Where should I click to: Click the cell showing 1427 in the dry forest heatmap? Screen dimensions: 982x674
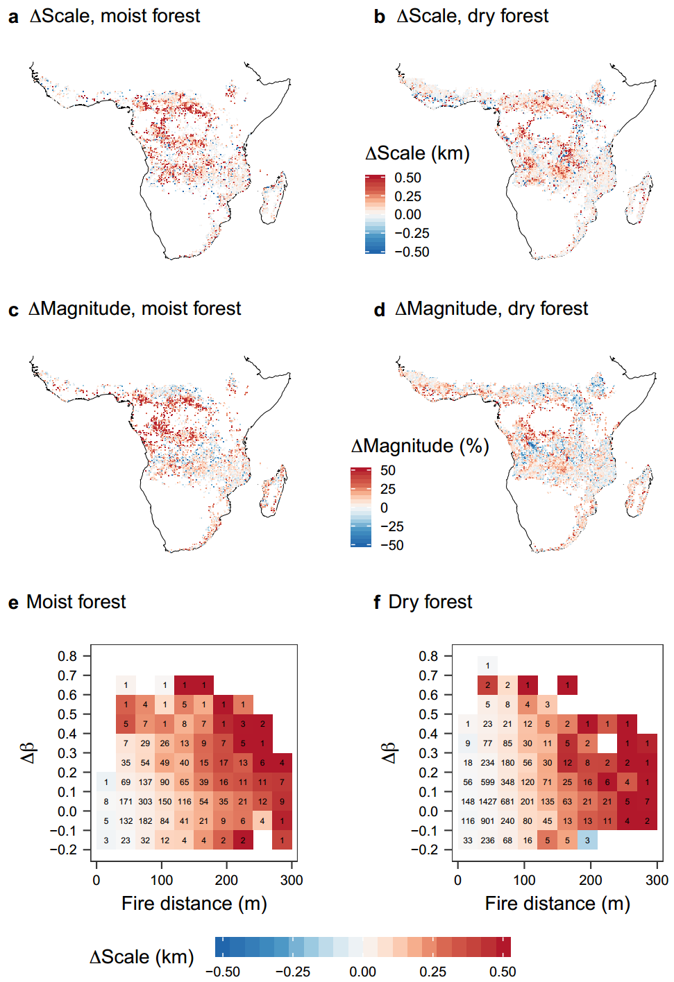(x=488, y=802)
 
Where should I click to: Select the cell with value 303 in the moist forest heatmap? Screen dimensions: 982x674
(x=145, y=802)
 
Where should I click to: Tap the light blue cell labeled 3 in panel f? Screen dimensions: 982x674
(x=587, y=841)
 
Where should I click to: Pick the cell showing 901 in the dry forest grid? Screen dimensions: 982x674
(x=488, y=821)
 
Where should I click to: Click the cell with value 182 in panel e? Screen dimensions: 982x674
(x=145, y=821)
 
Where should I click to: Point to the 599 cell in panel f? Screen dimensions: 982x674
(x=488, y=782)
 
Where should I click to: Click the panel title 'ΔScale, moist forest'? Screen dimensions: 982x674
(x=115, y=16)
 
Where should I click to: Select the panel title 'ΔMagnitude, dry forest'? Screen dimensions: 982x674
(x=491, y=309)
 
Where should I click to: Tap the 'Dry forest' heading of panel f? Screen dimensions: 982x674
(x=430, y=602)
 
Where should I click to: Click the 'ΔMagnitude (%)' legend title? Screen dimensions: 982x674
(x=420, y=446)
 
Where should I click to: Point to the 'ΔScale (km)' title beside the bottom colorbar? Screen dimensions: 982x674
(x=142, y=957)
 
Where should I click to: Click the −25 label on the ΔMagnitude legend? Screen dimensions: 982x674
(x=391, y=526)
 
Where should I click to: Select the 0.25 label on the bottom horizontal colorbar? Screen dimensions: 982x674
(x=432, y=972)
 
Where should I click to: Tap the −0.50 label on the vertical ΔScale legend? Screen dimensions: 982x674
(x=412, y=252)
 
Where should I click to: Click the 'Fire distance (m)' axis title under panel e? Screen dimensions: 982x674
(x=194, y=904)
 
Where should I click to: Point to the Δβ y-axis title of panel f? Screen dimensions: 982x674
(x=389, y=752)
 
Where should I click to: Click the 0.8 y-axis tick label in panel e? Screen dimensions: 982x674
(x=67, y=656)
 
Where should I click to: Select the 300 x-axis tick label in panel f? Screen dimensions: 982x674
(x=657, y=880)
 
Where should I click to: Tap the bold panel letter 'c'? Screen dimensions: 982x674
(x=13, y=310)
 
